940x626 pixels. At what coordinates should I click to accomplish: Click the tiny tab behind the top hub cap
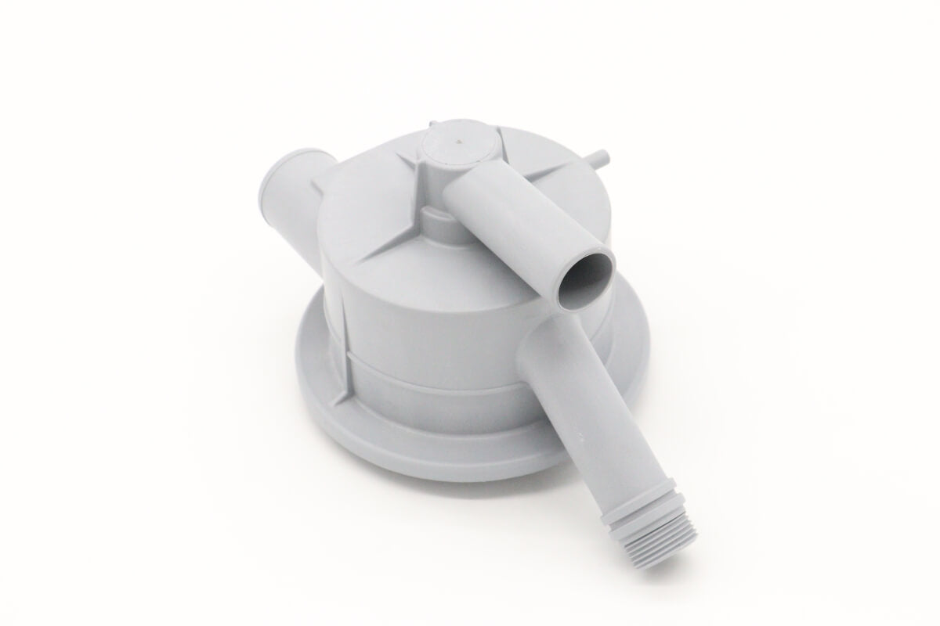[432, 124]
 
